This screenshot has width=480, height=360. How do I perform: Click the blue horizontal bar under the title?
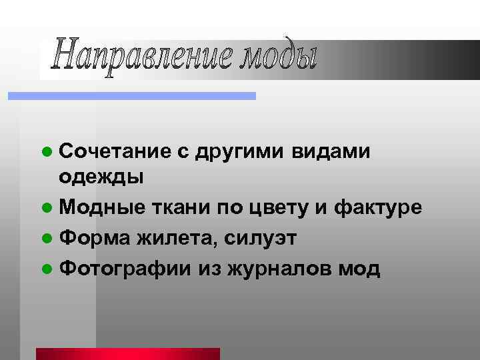[x=131, y=96]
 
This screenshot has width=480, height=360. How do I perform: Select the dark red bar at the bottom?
[x=128, y=353]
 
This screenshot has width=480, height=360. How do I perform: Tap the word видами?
[x=331, y=153]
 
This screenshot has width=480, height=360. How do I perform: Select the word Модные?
[x=101, y=209]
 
